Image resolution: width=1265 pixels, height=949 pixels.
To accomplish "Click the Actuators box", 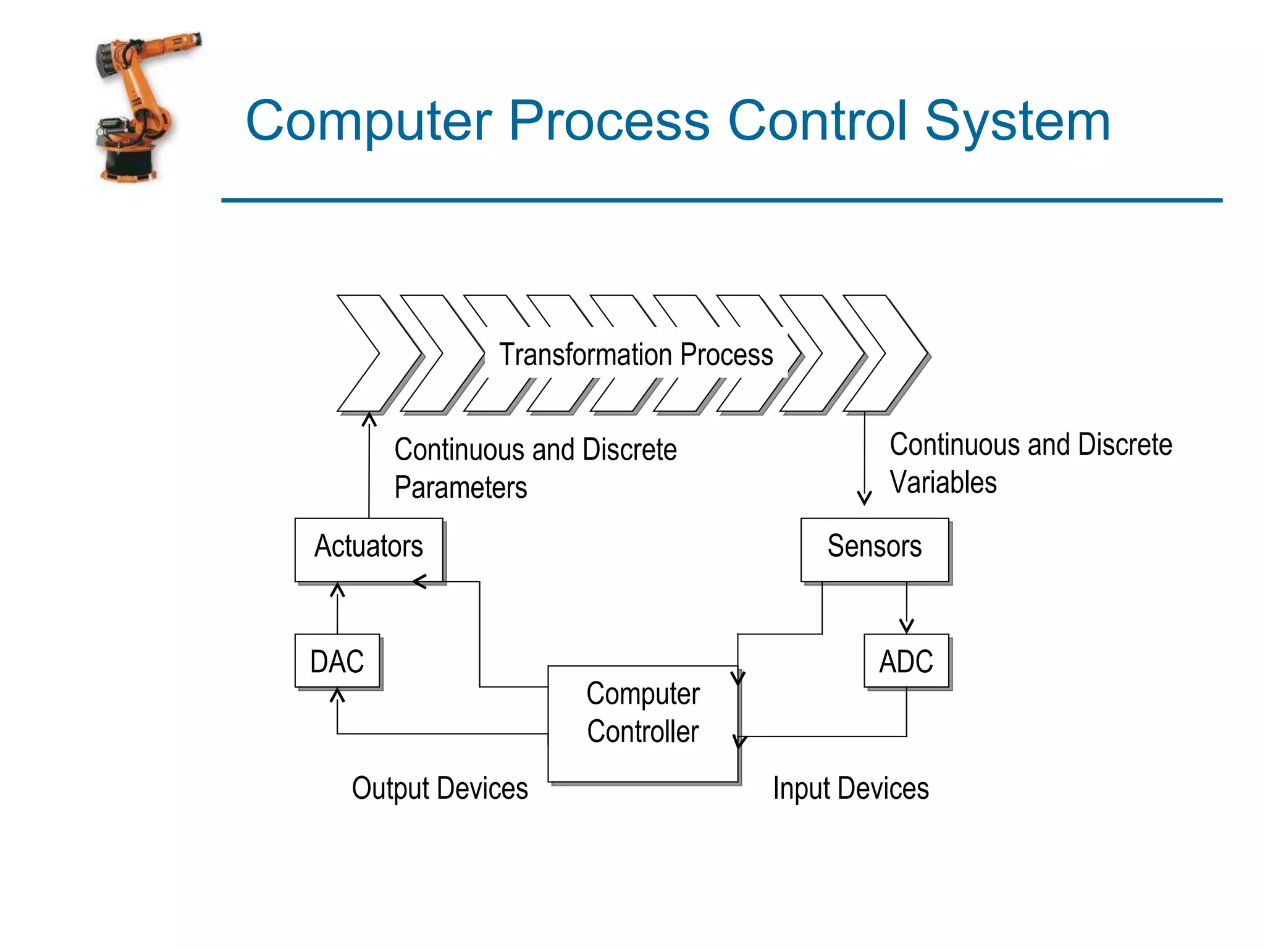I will (369, 549).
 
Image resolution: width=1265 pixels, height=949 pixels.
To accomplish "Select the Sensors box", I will (874, 549).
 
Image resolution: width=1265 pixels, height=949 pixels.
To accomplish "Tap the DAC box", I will (337, 660).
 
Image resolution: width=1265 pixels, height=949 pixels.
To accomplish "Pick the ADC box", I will (906, 660).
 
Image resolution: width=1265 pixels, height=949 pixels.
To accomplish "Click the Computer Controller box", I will (642, 723).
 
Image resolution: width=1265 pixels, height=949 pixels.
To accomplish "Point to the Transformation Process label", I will (636, 355).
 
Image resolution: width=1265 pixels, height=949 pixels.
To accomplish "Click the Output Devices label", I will (440, 789).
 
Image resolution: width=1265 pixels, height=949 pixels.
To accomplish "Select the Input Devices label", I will (851, 789).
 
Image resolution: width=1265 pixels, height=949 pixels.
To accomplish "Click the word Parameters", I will (461, 487).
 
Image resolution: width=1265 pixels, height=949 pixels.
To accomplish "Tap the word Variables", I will (943, 483).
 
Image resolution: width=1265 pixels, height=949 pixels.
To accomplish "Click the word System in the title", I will (1017, 121).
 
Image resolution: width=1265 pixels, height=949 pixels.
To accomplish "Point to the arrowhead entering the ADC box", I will (906, 627).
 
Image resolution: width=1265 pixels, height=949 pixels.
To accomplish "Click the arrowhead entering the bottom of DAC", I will (337, 696).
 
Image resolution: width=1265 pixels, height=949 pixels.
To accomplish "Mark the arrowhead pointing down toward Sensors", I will (864, 498).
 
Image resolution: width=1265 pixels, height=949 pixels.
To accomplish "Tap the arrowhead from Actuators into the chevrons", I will (369, 420).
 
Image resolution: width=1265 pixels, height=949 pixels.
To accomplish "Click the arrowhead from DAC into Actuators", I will (337, 589).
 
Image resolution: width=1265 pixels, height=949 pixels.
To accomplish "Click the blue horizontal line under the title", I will (721, 200).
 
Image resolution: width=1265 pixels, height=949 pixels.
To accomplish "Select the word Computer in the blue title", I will (369, 121).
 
